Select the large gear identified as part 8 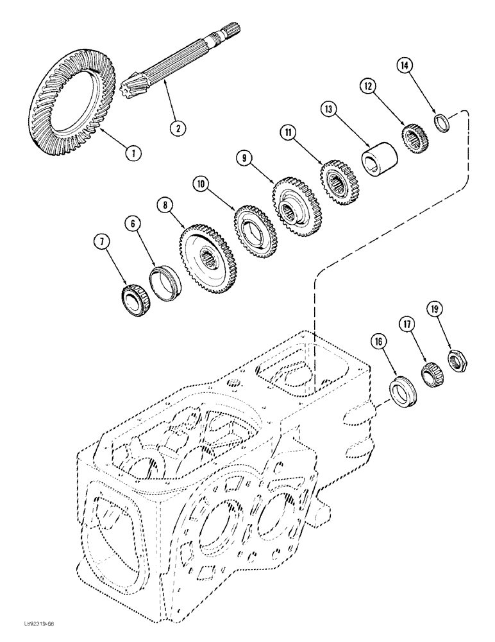coord(206,257)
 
